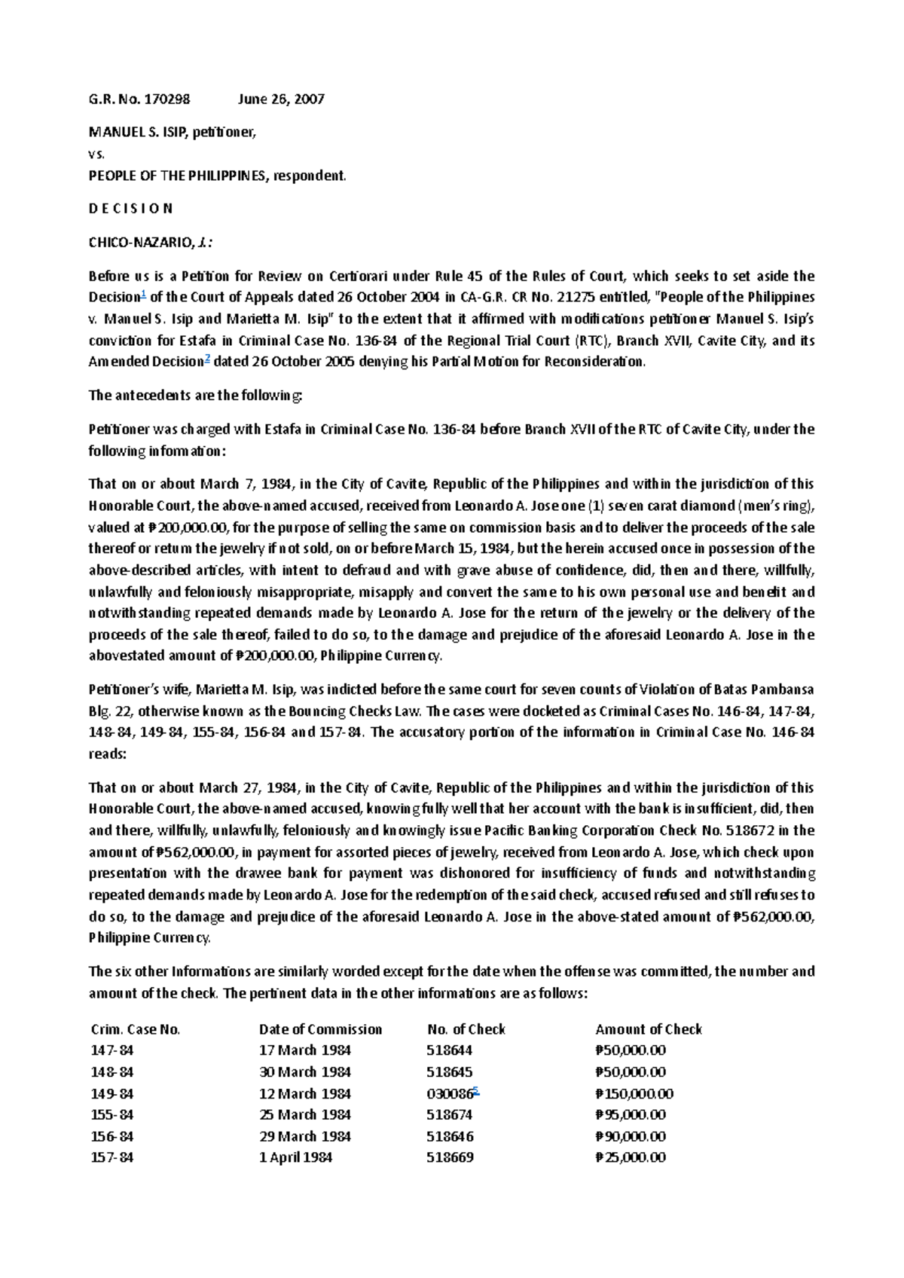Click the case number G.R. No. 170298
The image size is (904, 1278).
coord(139,99)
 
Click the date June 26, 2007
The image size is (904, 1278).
coord(281,99)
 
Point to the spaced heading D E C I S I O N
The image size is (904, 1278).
coord(130,208)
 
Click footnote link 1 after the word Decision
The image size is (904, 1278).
coord(144,293)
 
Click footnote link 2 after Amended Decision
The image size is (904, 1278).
coord(207,358)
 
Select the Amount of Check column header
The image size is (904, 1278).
coord(648,1029)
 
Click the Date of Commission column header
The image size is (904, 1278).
coord(320,1029)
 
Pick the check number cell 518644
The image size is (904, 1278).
coord(450,1050)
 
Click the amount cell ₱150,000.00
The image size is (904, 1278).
coord(634,1093)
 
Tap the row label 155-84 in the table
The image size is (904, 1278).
coord(111,1114)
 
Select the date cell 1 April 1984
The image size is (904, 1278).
coord(295,1157)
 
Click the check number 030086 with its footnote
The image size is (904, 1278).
coord(451,1093)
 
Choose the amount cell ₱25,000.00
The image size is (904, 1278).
coord(630,1157)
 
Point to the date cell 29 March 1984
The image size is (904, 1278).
coord(304,1136)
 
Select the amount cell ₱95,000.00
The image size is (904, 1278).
coord(630,1114)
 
